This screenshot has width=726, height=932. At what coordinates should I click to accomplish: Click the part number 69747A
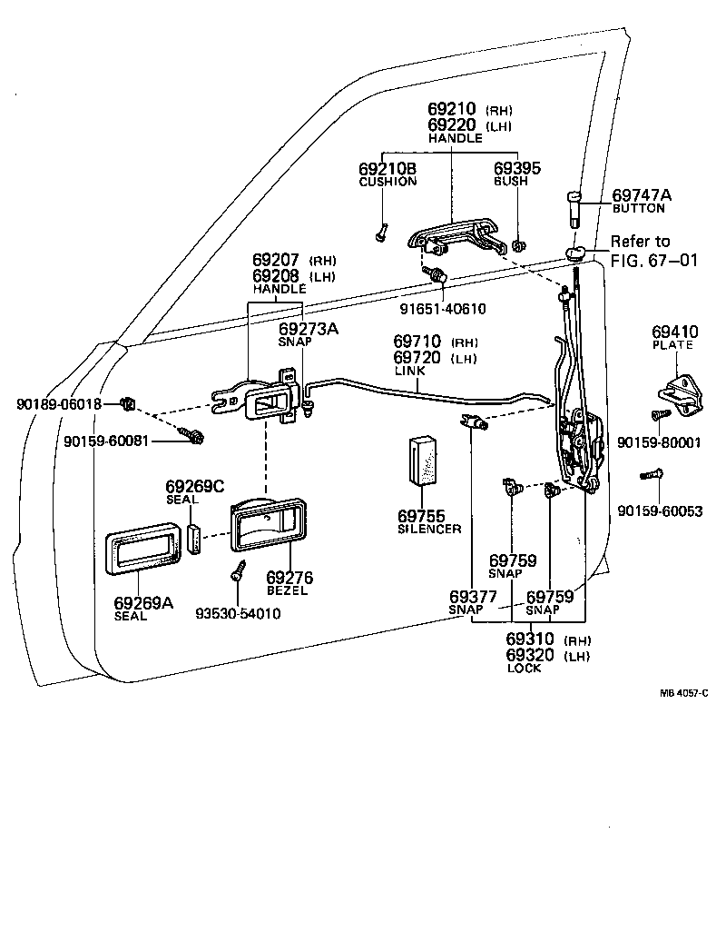[x=643, y=194]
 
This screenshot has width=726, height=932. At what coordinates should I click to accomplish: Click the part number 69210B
[x=388, y=169]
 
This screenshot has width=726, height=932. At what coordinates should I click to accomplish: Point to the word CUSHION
[x=388, y=182]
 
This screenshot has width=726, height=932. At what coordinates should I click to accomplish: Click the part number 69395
[x=517, y=169]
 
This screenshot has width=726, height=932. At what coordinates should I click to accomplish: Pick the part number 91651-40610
[x=443, y=309]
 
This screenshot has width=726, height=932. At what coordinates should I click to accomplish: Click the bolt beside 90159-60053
[x=651, y=474]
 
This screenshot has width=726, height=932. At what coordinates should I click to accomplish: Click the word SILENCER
[x=429, y=529]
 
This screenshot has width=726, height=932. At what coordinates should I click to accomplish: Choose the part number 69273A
[x=309, y=329]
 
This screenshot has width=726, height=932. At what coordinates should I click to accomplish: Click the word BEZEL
[x=287, y=590]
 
